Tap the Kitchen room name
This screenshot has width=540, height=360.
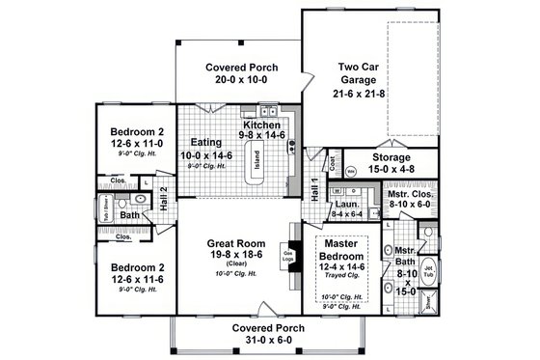point(261,125)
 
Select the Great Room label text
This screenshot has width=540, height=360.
point(237,243)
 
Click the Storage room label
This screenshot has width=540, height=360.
point(391,156)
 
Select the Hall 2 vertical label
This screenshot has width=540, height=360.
point(164,196)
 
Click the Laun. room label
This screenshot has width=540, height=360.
point(346,205)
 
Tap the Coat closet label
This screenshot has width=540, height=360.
point(333,165)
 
